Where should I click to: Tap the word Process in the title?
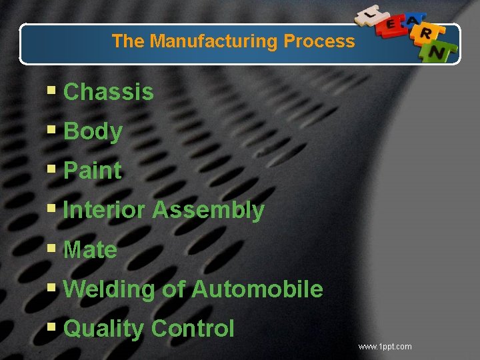coord(319,41)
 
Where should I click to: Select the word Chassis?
coord(108,92)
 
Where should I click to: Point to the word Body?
coord(93,132)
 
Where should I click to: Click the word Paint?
coord(93,171)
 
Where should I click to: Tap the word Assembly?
coord(208,210)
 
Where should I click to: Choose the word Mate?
coord(90,250)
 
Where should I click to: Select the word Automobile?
coord(257,289)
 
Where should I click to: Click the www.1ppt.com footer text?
coord(385,347)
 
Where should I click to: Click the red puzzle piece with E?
coord(391,25)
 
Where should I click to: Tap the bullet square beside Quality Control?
coord(52,328)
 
